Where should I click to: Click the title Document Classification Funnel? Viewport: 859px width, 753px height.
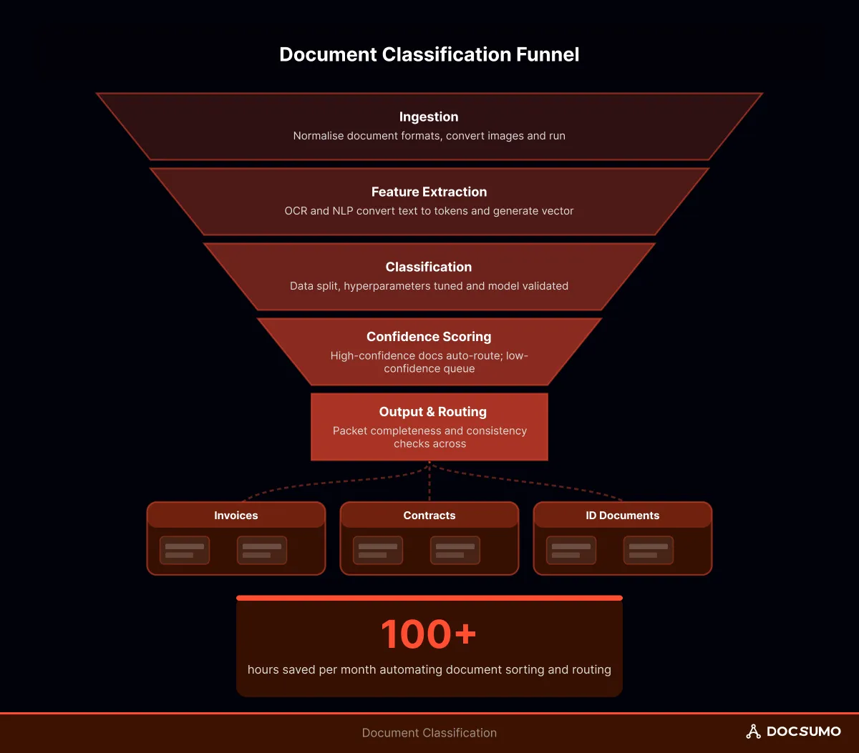coord(429,54)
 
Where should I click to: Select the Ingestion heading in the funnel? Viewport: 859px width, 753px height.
coord(429,117)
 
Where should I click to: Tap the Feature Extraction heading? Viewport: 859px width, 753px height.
coord(429,192)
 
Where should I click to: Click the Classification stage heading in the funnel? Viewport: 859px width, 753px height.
coord(429,267)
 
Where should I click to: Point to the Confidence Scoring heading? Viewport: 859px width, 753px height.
coord(429,337)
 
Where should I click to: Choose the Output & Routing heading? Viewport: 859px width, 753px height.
coord(432,412)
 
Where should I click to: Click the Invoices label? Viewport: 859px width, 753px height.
coord(236,516)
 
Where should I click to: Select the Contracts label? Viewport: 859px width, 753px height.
coord(429,516)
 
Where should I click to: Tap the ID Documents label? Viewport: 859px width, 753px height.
coord(622,516)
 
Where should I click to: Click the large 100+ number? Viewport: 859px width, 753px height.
coord(428,634)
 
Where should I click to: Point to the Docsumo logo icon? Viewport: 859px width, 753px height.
coord(753,732)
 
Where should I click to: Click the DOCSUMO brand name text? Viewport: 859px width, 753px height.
coord(803,732)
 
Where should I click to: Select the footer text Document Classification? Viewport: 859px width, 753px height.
coord(429,733)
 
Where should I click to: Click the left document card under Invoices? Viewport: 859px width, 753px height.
coord(185,551)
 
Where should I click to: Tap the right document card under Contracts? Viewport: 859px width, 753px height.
coord(455,551)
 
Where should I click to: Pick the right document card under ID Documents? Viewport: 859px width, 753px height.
coord(648,551)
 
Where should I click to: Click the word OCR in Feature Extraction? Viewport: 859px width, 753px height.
coord(296,211)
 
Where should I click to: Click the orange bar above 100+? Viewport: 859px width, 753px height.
coord(429,598)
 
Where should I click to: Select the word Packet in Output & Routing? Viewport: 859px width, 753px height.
coord(349,431)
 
